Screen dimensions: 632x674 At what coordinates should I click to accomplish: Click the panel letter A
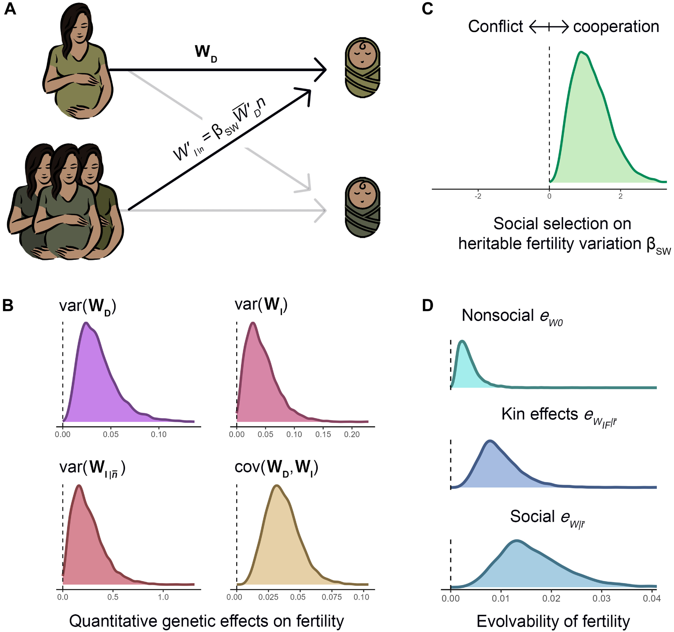[x=10, y=8]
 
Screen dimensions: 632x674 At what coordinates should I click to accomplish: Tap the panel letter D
[x=428, y=305]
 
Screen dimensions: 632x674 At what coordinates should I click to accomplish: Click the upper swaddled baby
[x=362, y=67]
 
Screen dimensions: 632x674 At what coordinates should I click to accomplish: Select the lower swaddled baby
[x=362, y=207]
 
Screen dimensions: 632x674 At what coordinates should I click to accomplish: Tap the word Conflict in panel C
[x=495, y=26]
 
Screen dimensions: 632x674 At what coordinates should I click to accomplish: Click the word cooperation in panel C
[x=616, y=26]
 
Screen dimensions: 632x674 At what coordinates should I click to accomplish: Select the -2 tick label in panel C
[x=478, y=196]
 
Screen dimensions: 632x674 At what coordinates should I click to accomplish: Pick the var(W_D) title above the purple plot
[x=88, y=306]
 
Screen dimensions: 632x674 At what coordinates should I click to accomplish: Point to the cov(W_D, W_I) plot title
[x=276, y=467]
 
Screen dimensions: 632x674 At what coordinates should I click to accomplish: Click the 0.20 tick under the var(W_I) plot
[x=351, y=435]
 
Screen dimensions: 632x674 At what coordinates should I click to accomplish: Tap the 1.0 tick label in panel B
[x=163, y=597]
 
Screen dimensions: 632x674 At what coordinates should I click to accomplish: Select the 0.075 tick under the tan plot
[x=331, y=597]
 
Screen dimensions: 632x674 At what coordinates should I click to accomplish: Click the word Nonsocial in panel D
[x=497, y=315]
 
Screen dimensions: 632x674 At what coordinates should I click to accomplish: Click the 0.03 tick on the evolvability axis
[x=602, y=598]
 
